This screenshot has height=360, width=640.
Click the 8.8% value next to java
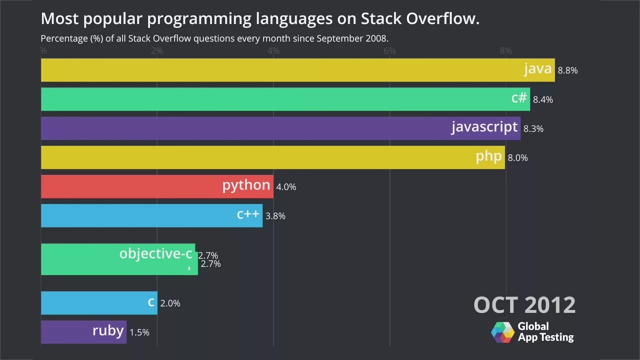point(567,70)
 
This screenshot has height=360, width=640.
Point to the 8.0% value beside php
point(517,158)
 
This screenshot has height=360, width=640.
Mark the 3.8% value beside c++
point(275,216)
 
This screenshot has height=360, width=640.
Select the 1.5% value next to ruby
point(139,332)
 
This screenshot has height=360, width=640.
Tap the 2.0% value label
point(170,303)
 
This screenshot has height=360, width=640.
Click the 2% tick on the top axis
point(157,50)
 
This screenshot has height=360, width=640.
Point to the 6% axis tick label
point(389,50)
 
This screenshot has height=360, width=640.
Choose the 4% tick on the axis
point(273,50)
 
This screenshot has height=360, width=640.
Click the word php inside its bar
point(488,156)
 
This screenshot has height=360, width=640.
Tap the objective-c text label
point(155,253)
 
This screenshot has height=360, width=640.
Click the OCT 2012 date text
point(524,304)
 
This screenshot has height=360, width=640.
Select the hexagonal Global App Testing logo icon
point(502,332)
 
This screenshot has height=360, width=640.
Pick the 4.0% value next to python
point(286,187)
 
